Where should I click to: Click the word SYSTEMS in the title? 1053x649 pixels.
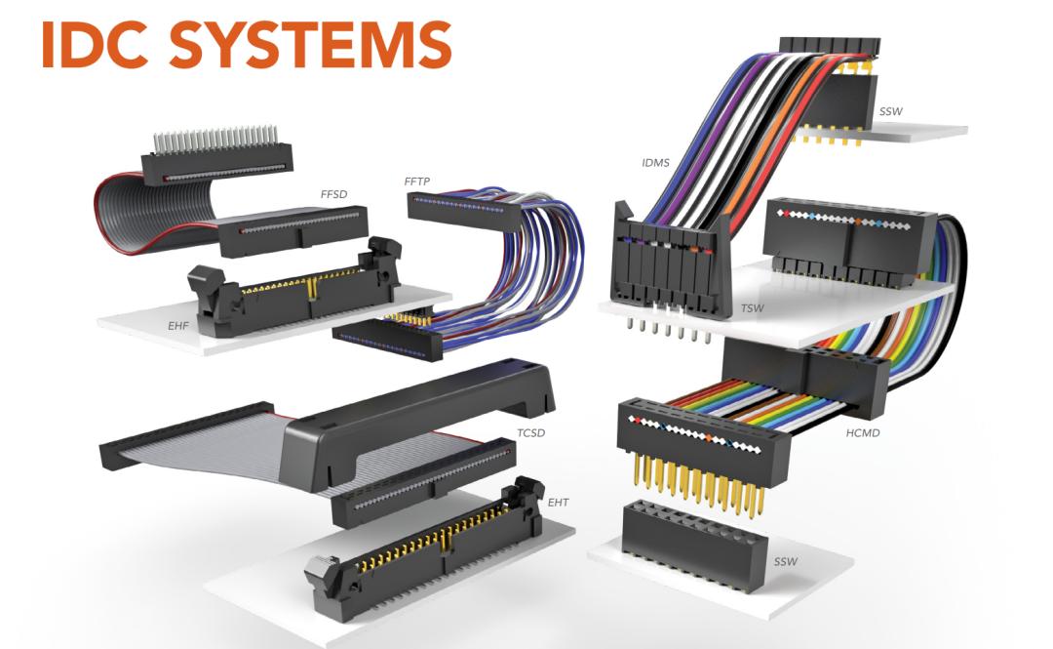point(310,45)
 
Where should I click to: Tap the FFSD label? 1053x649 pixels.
point(333,194)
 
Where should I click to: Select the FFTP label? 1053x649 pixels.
point(417,182)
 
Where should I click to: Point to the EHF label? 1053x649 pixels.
point(178,326)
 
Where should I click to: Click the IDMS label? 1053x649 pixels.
point(655,163)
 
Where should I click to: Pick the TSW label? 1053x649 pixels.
point(752,308)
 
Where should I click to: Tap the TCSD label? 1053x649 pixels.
point(530,433)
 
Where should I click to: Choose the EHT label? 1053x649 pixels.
point(558,503)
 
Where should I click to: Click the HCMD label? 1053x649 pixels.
point(863,433)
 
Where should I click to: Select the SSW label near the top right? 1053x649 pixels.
point(891,111)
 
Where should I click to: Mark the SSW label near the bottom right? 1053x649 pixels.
point(786,561)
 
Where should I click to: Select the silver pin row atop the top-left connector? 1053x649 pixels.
point(214,140)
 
